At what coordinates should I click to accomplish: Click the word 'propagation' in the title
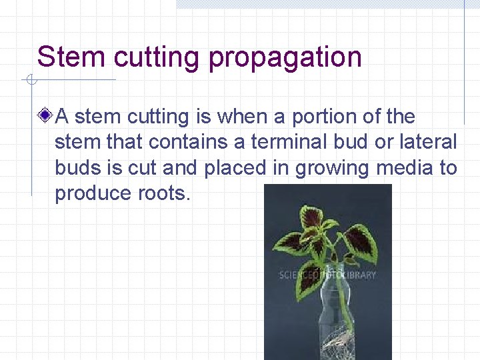click(x=285, y=58)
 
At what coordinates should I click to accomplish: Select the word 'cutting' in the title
click(x=156, y=58)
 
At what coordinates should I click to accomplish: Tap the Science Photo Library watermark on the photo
click(x=327, y=275)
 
